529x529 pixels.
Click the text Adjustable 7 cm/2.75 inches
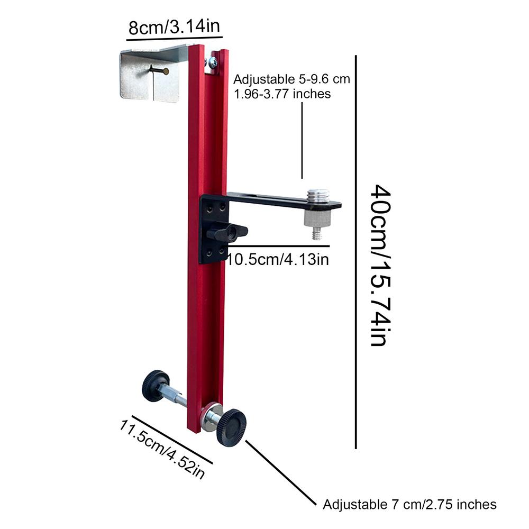(x=409, y=504)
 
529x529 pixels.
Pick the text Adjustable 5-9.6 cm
(x=292, y=80)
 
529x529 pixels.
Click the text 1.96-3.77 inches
(x=282, y=94)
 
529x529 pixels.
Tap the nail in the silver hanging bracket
(x=158, y=70)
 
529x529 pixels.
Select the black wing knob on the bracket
(x=227, y=232)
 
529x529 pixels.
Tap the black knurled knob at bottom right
(x=231, y=426)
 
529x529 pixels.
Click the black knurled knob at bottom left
(x=155, y=386)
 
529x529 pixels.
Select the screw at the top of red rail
(x=213, y=62)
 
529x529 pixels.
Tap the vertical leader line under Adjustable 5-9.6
(x=302, y=140)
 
